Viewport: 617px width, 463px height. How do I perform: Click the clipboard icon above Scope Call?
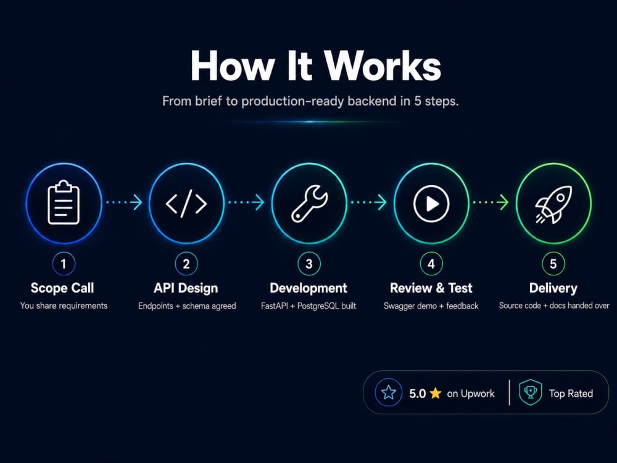[64, 202]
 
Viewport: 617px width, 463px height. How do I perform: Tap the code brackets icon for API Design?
[186, 204]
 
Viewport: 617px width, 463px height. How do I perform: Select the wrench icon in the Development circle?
[309, 203]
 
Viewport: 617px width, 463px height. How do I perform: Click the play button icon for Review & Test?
[431, 204]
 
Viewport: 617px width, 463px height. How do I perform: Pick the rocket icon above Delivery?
[553, 204]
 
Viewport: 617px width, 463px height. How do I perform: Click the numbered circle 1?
[64, 264]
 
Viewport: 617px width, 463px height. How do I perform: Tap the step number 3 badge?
[309, 264]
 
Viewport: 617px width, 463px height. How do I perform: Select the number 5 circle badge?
[553, 264]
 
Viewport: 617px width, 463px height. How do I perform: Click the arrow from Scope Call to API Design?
[125, 202]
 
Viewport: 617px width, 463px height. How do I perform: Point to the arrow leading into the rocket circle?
[491, 202]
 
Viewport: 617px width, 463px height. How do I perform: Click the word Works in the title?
[383, 66]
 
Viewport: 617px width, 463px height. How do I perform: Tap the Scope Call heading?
[62, 288]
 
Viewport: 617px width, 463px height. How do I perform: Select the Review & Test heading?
[431, 288]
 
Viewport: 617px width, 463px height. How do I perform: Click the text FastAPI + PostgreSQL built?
[308, 306]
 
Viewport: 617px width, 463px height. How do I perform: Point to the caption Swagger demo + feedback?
[431, 306]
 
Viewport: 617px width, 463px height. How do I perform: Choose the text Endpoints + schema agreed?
[187, 306]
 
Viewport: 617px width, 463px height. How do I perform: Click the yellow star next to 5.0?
[436, 393]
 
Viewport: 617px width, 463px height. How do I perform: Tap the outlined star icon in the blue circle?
[388, 393]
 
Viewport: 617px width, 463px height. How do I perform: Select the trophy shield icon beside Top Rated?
[531, 392]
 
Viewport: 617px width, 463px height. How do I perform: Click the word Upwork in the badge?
[478, 394]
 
